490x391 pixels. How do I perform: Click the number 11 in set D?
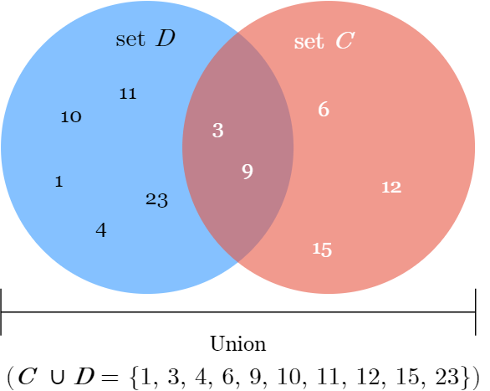coord(128,94)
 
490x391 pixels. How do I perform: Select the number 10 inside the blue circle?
coord(71,117)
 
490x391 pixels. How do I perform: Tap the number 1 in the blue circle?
coord(59,182)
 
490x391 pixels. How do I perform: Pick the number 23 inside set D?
coord(156,200)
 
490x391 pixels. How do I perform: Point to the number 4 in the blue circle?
coord(101,230)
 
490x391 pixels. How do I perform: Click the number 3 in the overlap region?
coord(217,130)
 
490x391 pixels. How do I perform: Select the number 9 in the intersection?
coord(248,172)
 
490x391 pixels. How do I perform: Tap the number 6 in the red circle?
coord(324,109)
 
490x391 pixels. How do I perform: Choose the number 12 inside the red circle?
coord(391,188)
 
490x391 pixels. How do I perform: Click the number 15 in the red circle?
coord(322,250)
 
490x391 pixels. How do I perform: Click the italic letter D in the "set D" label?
coord(166,39)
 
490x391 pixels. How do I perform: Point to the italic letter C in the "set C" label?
coord(345,40)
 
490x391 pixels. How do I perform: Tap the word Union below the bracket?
coord(238,344)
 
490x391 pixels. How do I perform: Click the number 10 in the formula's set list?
coord(289,376)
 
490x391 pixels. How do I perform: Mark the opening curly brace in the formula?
coord(134,378)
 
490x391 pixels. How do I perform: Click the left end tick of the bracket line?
coord(1,311)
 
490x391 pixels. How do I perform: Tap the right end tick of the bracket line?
coord(475,311)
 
